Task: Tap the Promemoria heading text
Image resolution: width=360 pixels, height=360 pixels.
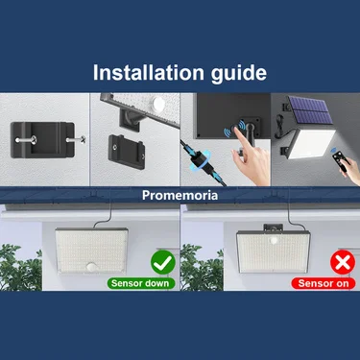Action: tap(180, 194)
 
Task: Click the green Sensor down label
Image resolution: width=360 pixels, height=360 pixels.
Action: tap(137, 284)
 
